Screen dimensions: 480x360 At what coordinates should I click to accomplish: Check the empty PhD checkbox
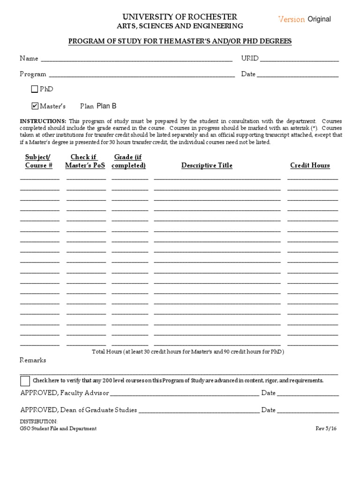point(35,89)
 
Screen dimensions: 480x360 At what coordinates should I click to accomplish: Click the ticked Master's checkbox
point(35,106)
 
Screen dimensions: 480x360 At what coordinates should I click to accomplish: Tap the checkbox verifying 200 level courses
point(25,381)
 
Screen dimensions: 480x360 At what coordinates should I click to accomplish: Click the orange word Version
point(291,19)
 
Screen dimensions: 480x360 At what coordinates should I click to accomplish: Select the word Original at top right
point(319,19)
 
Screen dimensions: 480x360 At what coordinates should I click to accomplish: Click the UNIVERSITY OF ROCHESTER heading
point(180,17)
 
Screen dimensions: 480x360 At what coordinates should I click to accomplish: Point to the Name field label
point(29,59)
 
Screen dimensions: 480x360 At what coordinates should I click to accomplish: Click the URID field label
point(249,59)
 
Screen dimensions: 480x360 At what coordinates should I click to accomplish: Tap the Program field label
point(33,74)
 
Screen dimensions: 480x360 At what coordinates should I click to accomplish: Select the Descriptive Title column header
point(207,165)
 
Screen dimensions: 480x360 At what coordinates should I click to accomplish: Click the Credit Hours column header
point(310,165)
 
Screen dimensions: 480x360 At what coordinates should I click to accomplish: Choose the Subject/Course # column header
point(38,161)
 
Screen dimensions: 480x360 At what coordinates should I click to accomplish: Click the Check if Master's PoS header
point(85,161)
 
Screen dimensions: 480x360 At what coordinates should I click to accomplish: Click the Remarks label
point(33,360)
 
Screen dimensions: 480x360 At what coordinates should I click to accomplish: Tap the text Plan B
point(106,106)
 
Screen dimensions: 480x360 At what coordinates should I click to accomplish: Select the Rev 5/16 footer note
point(327,428)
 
